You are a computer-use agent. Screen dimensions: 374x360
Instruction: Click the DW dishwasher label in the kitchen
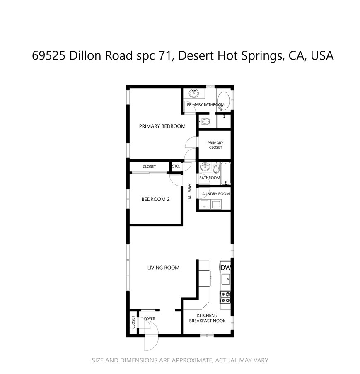click(x=225, y=268)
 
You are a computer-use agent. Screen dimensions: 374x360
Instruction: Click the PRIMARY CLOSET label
click(x=215, y=145)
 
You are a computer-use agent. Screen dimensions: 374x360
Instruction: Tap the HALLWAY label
click(x=190, y=192)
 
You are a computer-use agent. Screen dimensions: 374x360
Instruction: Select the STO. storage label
click(x=176, y=166)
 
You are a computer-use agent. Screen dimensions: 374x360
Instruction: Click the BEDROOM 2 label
click(x=155, y=199)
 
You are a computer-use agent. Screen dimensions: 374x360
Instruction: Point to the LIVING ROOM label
click(x=163, y=268)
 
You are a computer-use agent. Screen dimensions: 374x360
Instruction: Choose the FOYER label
click(x=150, y=319)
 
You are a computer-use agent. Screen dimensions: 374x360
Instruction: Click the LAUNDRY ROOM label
click(x=215, y=194)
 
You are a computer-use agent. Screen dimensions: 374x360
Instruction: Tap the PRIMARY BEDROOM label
click(x=162, y=126)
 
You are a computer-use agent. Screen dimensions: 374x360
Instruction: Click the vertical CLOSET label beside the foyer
click(x=133, y=323)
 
